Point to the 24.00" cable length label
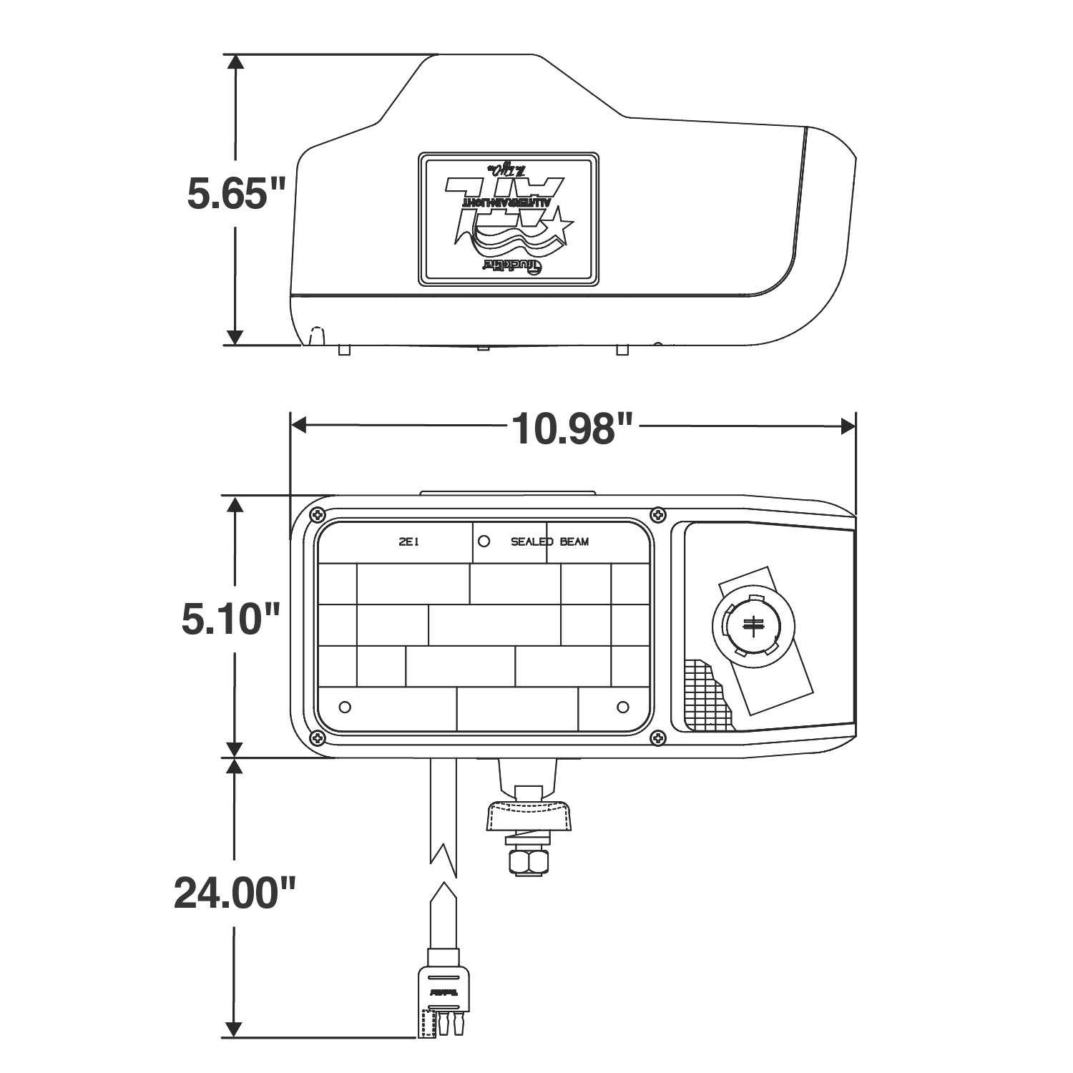234,894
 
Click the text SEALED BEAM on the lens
549,542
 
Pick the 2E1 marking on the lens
409,542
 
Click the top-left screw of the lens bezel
316,514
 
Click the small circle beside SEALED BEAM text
484,542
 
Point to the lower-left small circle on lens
345,707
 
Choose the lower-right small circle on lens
622,707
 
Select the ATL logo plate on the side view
508,218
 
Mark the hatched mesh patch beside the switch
705,694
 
